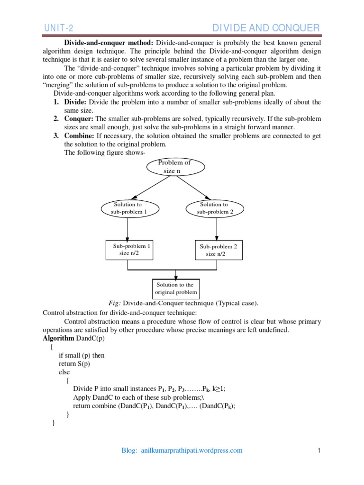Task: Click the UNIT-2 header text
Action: pyautogui.click(x=59, y=27)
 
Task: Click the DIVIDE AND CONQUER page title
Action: pyautogui.click(x=265, y=27)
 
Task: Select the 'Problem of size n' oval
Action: pyautogui.click(x=175, y=166)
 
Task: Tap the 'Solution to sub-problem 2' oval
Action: pyautogui.click(x=215, y=208)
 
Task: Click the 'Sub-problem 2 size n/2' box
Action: pyautogui.click(x=218, y=250)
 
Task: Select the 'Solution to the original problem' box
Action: pyautogui.click(x=175, y=288)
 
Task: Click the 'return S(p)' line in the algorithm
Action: pyautogui.click(x=74, y=364)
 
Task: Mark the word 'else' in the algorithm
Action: pyautogui.click(x=64, y=372)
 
